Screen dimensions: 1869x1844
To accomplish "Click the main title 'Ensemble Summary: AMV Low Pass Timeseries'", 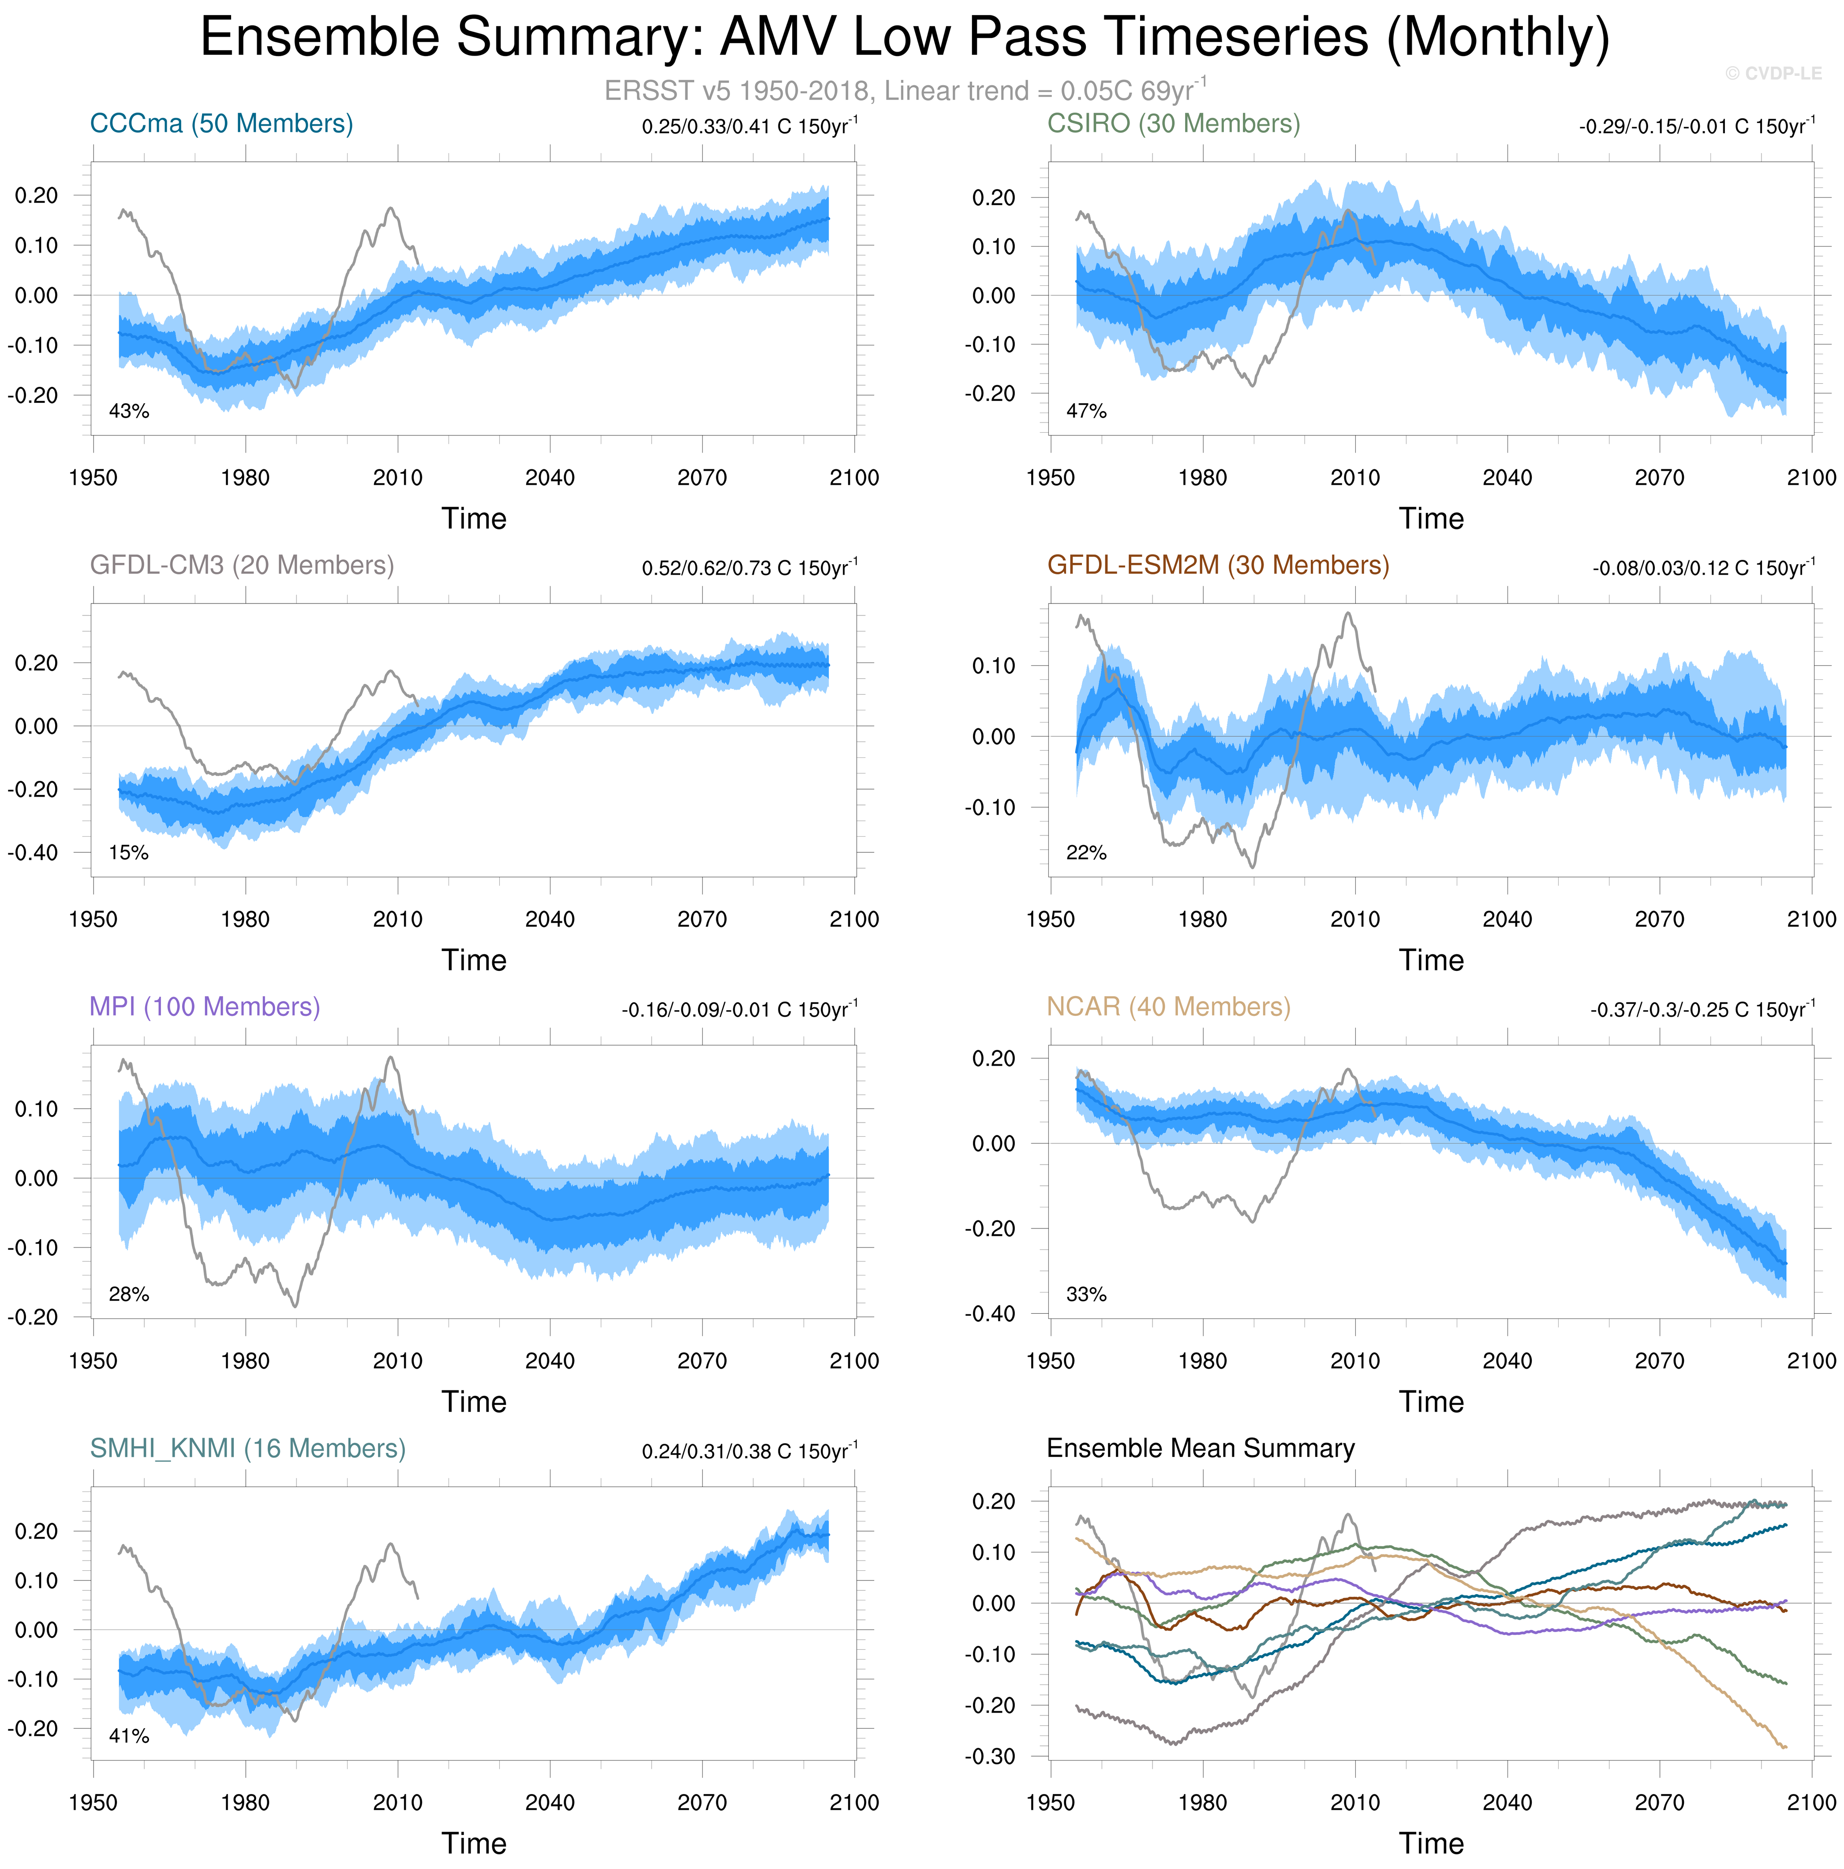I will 905,39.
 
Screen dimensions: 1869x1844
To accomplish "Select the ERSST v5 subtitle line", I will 905,91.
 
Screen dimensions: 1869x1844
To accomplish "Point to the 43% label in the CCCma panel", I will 129,411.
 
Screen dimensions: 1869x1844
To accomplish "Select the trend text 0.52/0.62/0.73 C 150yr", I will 749,568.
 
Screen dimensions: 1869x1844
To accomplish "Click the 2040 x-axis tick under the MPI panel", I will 550,1361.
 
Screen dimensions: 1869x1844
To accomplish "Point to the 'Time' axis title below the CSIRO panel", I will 1431,518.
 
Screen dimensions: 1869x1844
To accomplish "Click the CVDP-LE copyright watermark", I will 1773,74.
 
